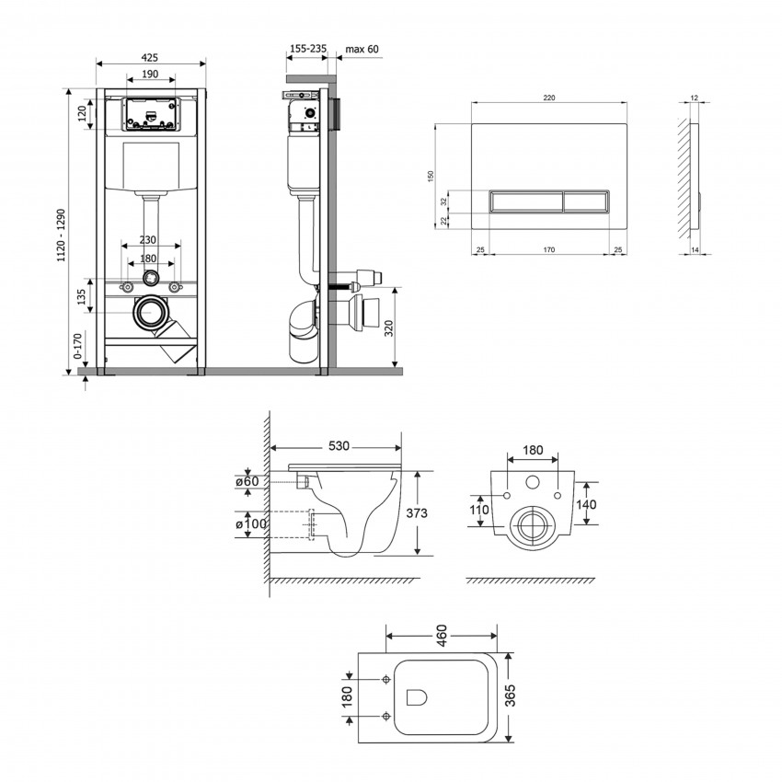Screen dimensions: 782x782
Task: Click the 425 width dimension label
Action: pyautogui.click(x=150, y=57)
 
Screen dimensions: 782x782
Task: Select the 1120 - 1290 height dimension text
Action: pyautogui.click(x=62, y=236)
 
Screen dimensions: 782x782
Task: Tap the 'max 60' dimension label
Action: pyautogui.click(x=362, y=49)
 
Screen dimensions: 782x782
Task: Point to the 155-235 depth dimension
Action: pyautogui.click(x=308, y=49)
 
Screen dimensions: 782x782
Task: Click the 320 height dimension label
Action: pyautogui.click(x=389, y=328)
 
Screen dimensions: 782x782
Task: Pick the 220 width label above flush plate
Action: pyautogui.click(x=548, y=98)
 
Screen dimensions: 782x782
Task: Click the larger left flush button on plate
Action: pyautogui.click(x=526, y=201)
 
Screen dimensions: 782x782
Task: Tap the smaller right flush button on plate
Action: pyautogui.click(x=586, y=201)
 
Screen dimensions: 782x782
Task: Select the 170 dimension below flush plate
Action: pyautogui.click(x=548, y=250)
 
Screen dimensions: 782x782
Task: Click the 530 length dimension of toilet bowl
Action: pyautogui.click(x=339, y=446)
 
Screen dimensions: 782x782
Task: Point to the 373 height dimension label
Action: pyautogui.click(x=417, y=513)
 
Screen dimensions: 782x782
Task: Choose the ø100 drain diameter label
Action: pyautogui.click(x=251, y=524)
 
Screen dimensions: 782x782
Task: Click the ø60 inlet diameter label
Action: pyautogui.click(x=247, y=481)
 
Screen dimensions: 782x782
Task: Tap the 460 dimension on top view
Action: pyautogui.click(x=442, y=635)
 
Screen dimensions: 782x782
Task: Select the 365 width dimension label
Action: pyautogui.click(x=510, y=696)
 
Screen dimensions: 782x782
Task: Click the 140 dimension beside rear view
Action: pyautogui.click(x=586, y=504)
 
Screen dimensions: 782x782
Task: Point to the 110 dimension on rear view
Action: pyautogui.click(x=478, y=510)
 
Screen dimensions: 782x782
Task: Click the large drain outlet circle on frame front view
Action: pyautogui.click(x=150, y=313)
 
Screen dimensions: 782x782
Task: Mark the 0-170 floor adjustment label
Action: pyautogui.click(x=77, y=346)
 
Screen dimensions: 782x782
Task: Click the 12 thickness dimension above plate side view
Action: pyautogui.click(x=695, y=98)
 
